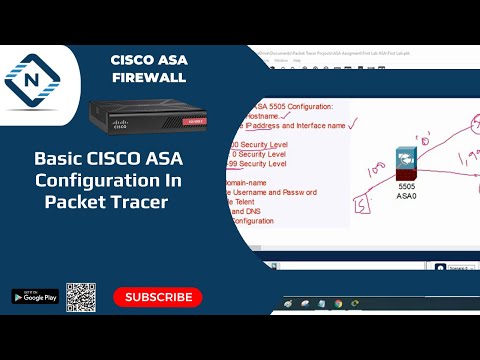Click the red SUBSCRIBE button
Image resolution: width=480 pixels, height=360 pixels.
(x=157, y=297)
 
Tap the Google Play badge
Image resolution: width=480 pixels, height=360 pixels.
(x=35, y=297)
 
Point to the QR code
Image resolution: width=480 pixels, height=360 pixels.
(x=81, y=297)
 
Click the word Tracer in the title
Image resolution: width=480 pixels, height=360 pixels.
(x=139, y=200)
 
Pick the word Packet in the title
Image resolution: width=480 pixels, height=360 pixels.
(x=75, y=200)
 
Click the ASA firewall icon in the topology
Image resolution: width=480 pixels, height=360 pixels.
(x=406, y=159)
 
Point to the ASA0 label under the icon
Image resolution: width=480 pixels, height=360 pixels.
(x=406, y=195)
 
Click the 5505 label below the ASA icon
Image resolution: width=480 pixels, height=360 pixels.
(x=406, y=185)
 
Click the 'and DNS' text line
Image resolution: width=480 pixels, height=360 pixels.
(x=251, y=212)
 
